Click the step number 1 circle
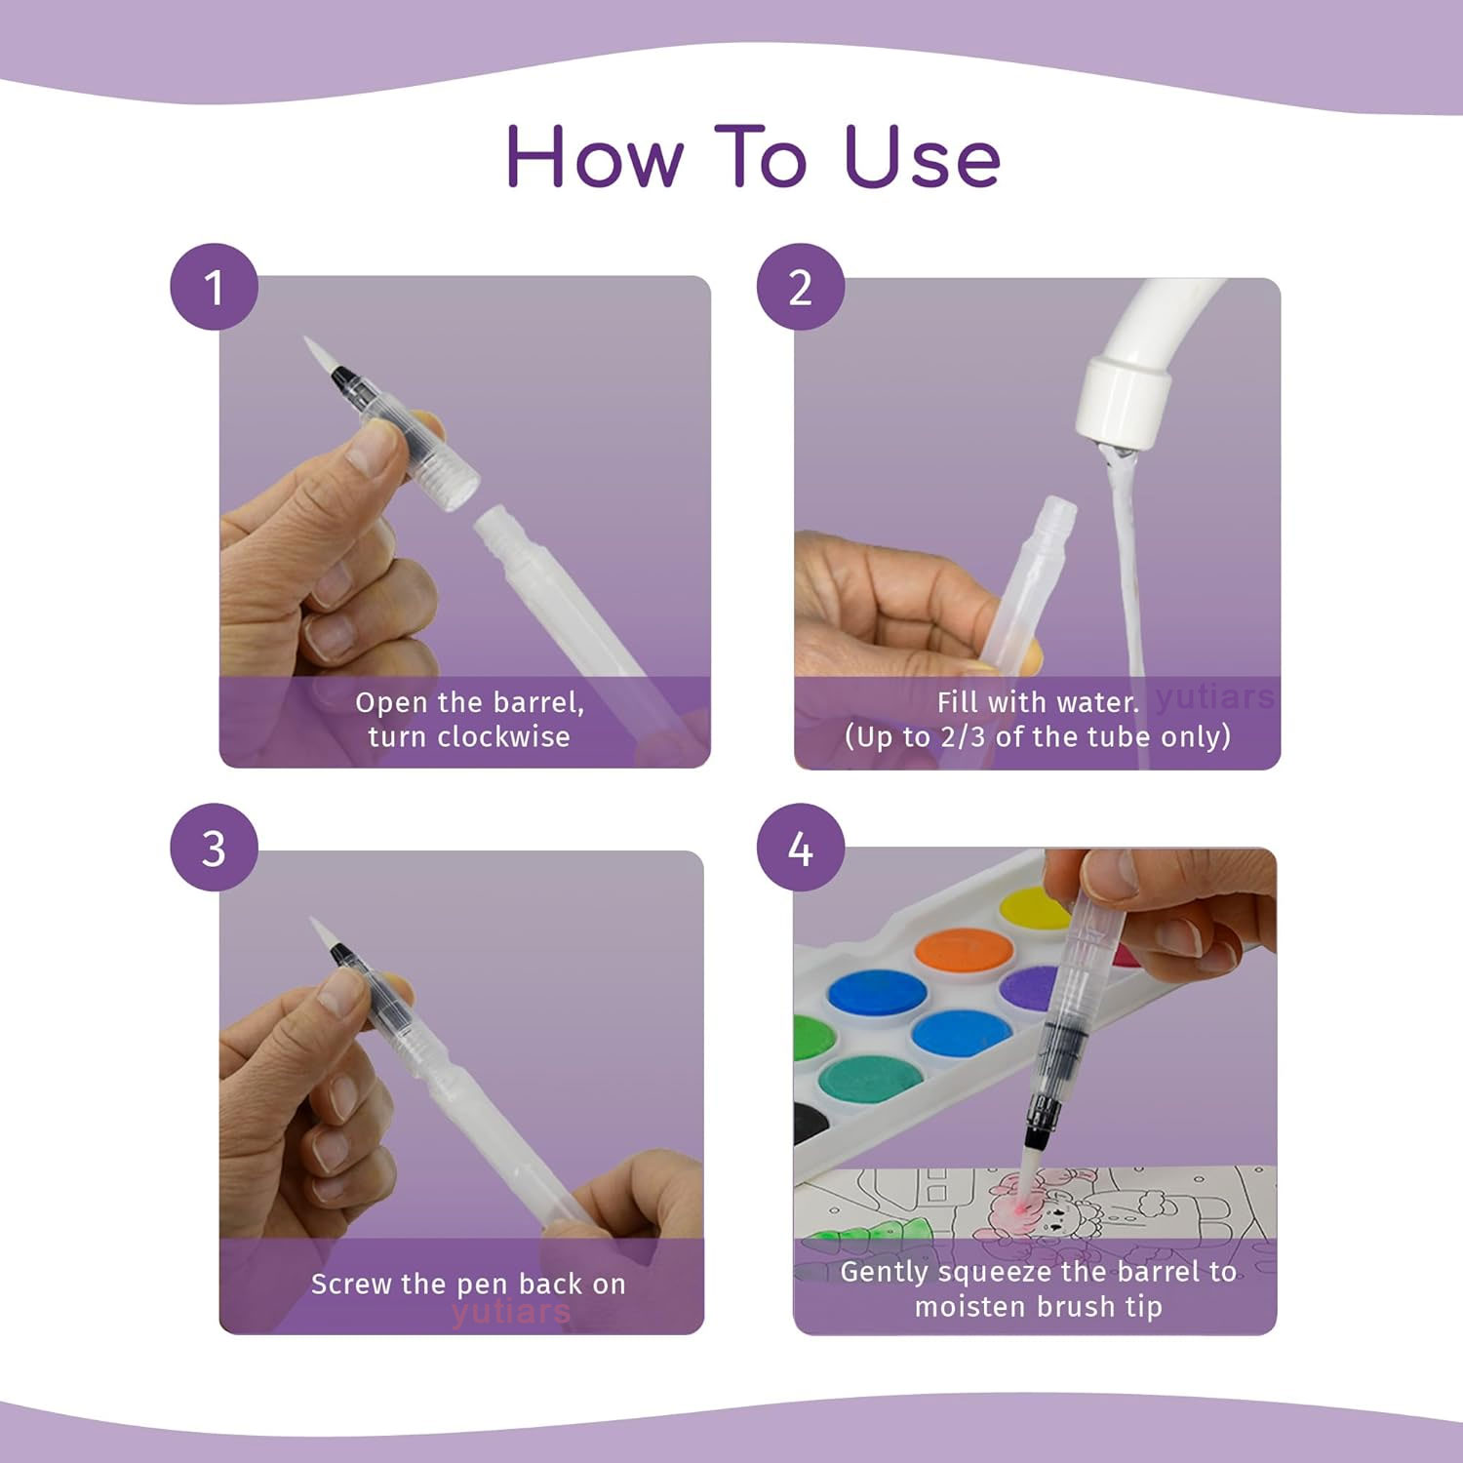coord(215,287)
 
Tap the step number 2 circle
coord(801,287)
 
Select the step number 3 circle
coord(215,848)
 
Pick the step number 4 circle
coord(801,848)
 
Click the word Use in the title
coord(923,158)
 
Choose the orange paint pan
coord(963,950)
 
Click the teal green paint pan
coord(870,1082)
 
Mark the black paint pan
coord(810,1122)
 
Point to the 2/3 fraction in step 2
coord(964,736)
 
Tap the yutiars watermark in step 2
coord(1215,697)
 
